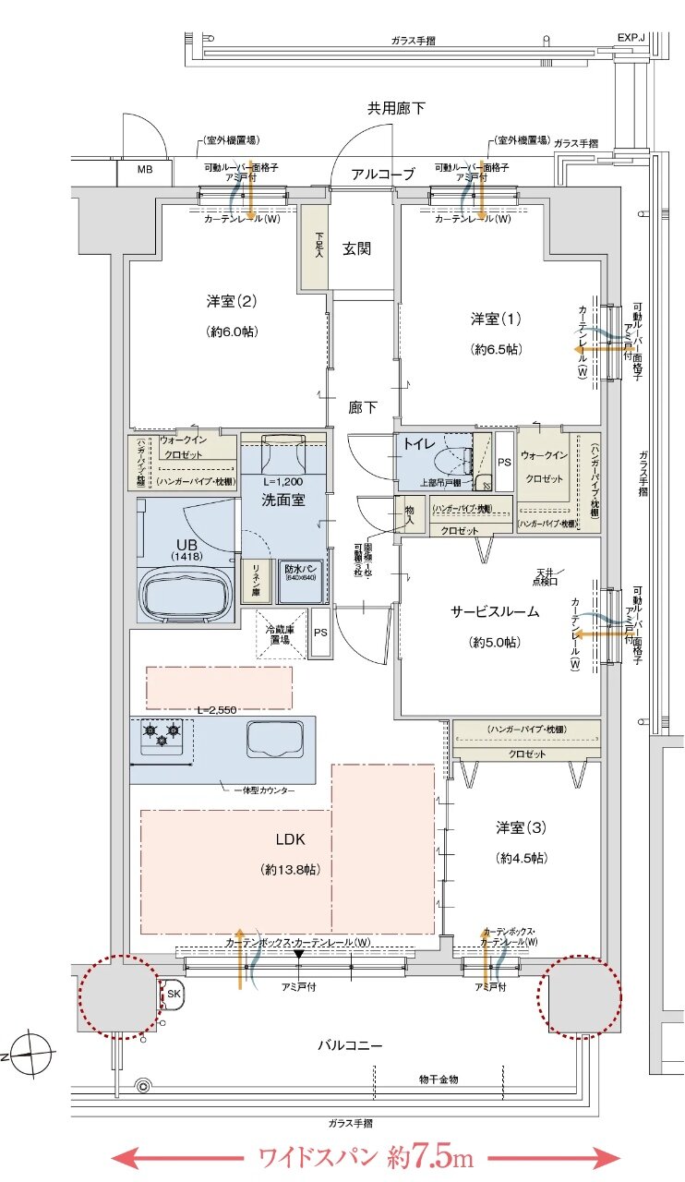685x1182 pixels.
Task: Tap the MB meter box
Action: pos(145,170)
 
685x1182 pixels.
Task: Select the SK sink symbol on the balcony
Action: pos(174,994)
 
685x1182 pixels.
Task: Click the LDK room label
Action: pos(289,839)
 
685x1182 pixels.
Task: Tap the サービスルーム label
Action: pos(495,611)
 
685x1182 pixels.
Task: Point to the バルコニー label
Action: pos(350,1046)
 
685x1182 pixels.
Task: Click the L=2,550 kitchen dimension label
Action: pos(217,709)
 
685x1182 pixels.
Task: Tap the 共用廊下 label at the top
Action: pos(396,108)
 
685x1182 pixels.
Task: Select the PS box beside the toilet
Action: pos(504,462)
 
